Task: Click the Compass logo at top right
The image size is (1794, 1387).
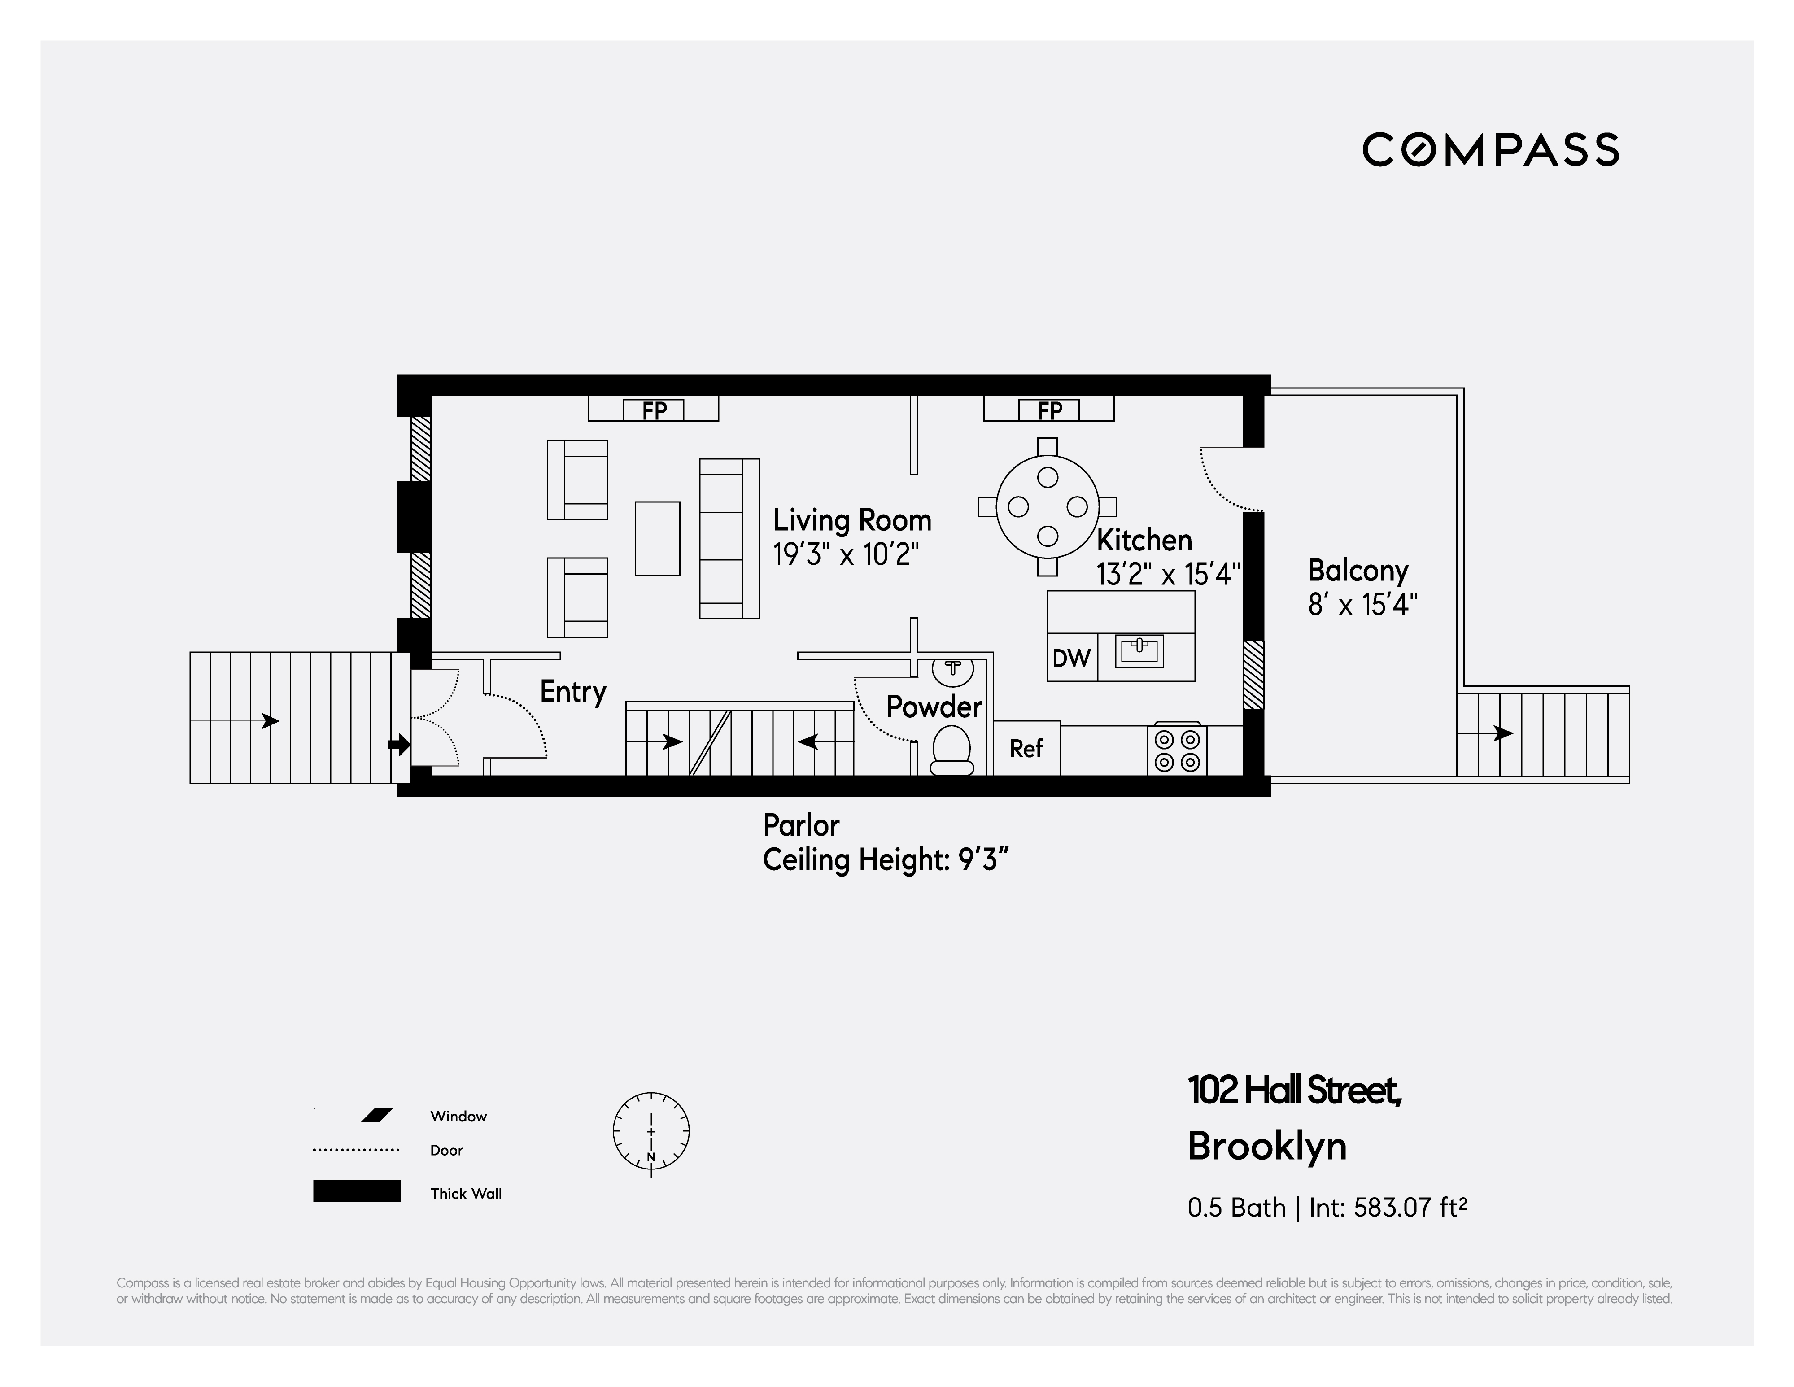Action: (1490, 149)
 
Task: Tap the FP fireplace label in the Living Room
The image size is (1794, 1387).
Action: (654, 410)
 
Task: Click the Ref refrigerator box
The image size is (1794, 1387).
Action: (1026, 748)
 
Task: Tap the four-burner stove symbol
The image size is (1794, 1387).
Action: (1177, 750)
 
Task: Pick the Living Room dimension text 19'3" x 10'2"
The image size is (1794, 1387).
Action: (845, 555)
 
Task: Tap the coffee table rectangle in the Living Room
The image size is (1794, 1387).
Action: (657, 539)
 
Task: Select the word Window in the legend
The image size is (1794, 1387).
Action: (458, 1116)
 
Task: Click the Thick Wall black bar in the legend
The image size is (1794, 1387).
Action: (357, 1191)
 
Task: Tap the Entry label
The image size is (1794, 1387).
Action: (572, 691)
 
